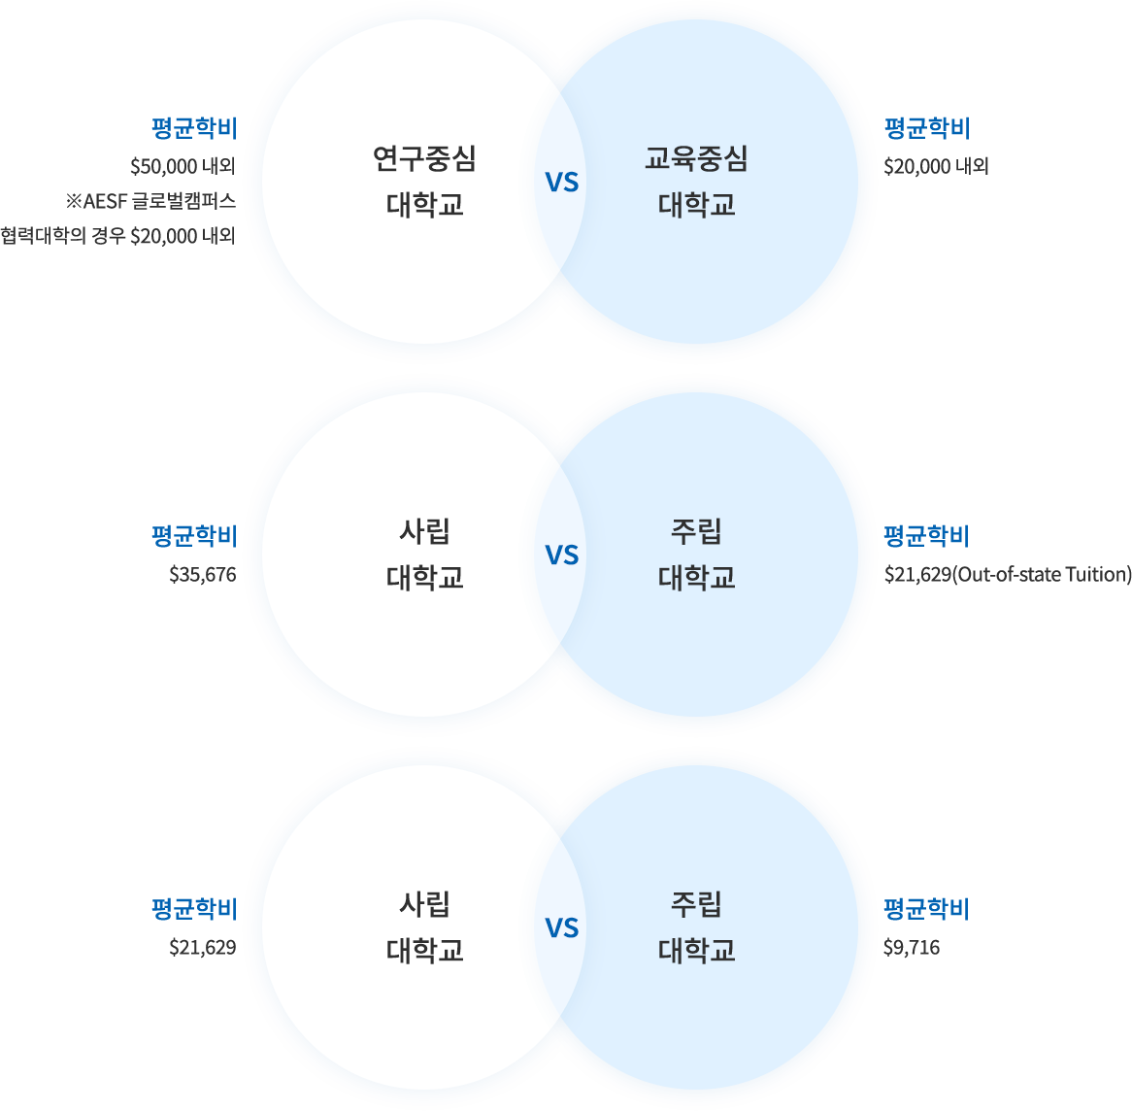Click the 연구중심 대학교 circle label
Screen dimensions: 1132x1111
pos(424,182)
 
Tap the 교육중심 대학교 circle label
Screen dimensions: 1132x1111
pos(697,182)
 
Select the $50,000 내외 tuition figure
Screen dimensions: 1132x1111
pos(183,166)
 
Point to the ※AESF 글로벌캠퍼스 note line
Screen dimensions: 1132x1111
pos(150,201)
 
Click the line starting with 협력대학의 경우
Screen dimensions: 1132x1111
pos(118,235)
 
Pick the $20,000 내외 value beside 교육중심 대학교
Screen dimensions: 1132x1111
pos(936,166)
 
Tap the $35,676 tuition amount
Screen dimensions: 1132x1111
pos(203,574)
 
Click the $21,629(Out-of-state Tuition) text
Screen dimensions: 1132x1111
pos(1008,574)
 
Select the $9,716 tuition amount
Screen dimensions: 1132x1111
pos(912,947)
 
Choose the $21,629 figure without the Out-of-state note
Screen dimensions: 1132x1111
pos(203,947)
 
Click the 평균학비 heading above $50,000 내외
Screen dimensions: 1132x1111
pos(194,128)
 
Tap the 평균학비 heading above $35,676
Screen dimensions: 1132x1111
pos(194,536)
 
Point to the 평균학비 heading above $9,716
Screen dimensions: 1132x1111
pos(927,909)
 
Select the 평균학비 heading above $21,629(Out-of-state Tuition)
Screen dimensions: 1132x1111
pos(927,536)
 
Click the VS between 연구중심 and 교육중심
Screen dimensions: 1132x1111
pos(562,182)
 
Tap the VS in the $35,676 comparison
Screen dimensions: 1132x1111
pos(562,555)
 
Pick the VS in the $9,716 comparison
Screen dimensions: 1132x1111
pos(562,927)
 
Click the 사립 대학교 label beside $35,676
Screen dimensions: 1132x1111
pos(424,555)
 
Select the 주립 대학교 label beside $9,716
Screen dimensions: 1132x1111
pos(697,926)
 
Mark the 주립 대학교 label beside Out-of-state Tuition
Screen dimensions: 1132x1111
pos(697,555)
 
